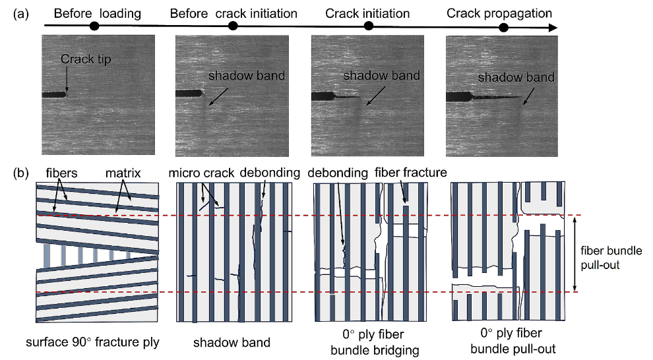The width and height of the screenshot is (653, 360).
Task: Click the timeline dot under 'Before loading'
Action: (x=94, y=26)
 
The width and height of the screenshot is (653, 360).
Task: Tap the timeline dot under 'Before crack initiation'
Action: (x=232, y=26)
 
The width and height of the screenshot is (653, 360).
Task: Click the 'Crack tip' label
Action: (x=86, y=59)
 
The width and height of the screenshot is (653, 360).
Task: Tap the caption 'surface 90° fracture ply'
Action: (x=94, y=342)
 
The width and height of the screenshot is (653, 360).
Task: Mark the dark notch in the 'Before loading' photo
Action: (x=53, y=95)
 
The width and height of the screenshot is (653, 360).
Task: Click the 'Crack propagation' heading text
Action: (x=499, y=13)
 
